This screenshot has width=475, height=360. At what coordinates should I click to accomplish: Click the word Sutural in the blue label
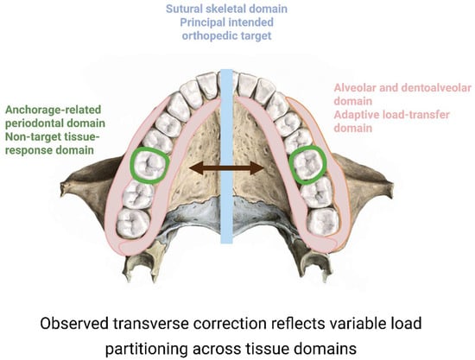(184, 9)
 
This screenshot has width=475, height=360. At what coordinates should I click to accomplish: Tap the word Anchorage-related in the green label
(53, 110)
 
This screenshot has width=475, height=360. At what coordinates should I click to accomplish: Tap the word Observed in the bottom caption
(74, 324)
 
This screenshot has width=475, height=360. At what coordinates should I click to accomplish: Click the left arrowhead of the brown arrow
(194, 167)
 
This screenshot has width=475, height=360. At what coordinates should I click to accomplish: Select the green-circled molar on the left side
(149, 165)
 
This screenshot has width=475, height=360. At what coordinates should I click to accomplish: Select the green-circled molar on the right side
(307, 165)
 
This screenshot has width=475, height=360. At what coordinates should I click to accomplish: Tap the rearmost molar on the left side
(134, 223)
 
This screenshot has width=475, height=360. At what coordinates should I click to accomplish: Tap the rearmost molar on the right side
(323, 222)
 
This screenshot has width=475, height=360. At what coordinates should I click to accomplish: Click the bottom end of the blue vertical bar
(226, 243)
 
